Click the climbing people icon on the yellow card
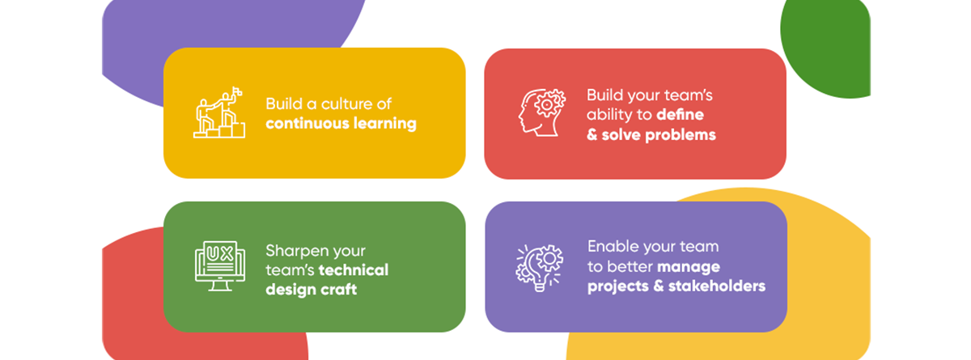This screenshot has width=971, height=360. pyautogui.click(x=219, y=112)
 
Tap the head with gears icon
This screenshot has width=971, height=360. pyautogui.click(x=542, y=113)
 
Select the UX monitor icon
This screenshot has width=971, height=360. pyautogui.click(x=220, y=266)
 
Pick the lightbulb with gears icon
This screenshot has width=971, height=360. pyautogui.click(x=539, y=268)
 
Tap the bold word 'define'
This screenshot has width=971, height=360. pyautogui.click(x=680, y=115)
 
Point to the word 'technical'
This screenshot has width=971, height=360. pyautogui.click(x=354, y=270)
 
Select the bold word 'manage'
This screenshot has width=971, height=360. pyautogui.click(x=689, y=267)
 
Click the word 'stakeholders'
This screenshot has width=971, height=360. pyautogui.click(x=717, y=286)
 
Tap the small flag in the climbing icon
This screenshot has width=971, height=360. pyautogui.click(x=236, y=91)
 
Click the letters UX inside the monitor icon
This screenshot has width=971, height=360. pyautogui.click(x=220, y=254)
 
